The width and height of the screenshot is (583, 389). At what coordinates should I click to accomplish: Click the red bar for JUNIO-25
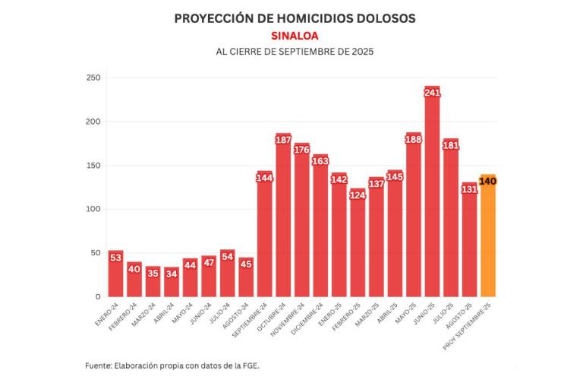click(432, 198)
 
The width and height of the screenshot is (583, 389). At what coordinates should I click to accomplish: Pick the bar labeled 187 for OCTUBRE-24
click(283, 220)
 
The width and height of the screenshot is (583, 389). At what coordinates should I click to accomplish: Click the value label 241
click(432, 93)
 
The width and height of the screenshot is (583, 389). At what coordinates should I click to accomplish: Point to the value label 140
click(488, 181)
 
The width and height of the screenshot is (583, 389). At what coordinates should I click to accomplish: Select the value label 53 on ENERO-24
click(115, 258)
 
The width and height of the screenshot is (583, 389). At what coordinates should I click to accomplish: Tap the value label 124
click(358, 195)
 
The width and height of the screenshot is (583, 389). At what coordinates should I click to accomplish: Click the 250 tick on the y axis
click(93, 78)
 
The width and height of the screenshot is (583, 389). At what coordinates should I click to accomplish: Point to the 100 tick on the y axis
click(93, 209)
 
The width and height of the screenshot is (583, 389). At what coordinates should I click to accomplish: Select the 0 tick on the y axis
click(98, 296)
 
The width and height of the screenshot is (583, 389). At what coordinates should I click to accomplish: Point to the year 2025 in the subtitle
click(361, 52)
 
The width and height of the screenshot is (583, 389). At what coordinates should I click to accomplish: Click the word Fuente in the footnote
click(98, 365)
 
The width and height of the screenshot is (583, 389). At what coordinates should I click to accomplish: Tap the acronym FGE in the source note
click(248, 365)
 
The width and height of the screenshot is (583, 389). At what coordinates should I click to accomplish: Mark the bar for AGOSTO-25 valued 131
click(469, 243)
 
